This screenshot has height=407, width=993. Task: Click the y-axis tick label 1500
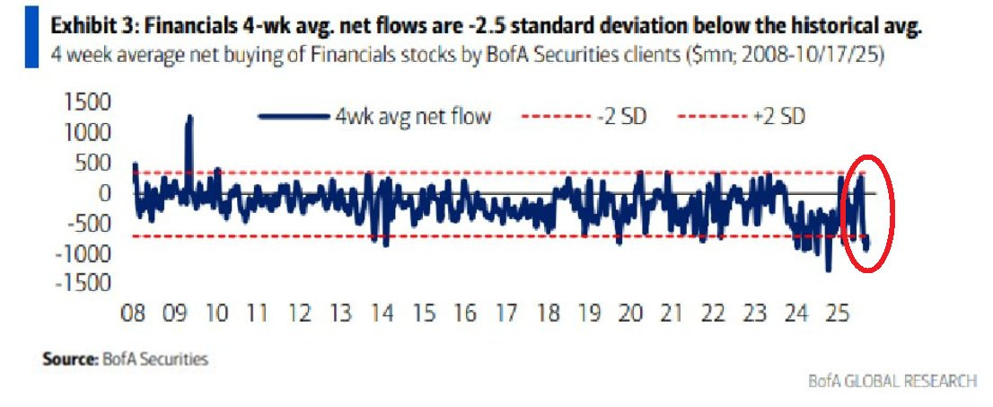point(84,103)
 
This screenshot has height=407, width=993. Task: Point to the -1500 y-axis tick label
point(81,284)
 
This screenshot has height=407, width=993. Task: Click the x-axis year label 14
point(382,314)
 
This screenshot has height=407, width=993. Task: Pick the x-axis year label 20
point(630,314)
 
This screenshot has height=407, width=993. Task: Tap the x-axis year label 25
point(837,314)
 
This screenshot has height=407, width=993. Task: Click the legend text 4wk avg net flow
point(412,117)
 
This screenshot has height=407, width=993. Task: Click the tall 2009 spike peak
point(189,118)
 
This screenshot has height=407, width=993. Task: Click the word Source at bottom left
point(67,359)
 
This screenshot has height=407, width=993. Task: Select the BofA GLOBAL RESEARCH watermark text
point(893,381)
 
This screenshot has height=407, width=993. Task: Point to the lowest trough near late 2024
point(828,269)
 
